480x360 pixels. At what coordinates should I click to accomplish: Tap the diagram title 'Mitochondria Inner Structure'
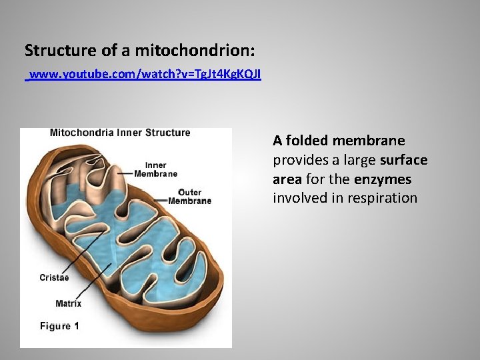coord(120,133)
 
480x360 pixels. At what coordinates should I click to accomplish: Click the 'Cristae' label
coord(54,277)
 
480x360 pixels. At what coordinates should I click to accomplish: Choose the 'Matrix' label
coord(68,303)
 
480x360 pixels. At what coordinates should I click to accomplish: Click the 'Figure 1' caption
coord(59,326)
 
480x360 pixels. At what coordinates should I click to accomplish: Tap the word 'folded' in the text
coord(307,141)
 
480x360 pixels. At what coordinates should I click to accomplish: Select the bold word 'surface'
coord(403,160)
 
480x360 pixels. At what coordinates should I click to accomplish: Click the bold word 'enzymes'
coord(383,179)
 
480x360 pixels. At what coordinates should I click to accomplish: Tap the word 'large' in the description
coord(357,160)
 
